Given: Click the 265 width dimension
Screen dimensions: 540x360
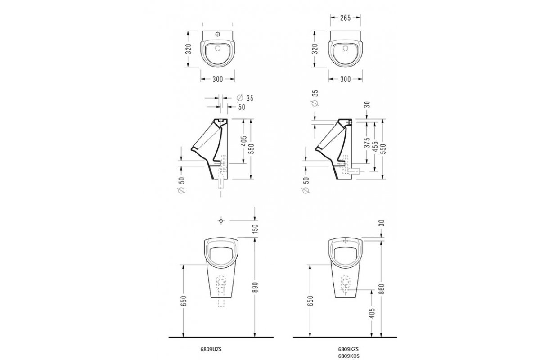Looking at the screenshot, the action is tap(345, 18).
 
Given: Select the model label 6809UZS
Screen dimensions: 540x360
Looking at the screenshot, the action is tap(211, 349).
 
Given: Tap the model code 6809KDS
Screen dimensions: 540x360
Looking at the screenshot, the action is tap(349, 355).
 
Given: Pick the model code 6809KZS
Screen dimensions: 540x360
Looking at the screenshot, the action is tap(349, 349).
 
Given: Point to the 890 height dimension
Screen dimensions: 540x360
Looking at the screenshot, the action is tap(256, 287).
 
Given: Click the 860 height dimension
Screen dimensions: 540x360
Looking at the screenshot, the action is tap(382, 288).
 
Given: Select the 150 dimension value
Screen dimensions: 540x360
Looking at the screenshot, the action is tap(256, 229).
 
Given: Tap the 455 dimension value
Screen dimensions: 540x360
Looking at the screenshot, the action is tap(375, 147).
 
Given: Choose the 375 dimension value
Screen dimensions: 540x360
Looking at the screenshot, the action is tap(367, 143).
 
